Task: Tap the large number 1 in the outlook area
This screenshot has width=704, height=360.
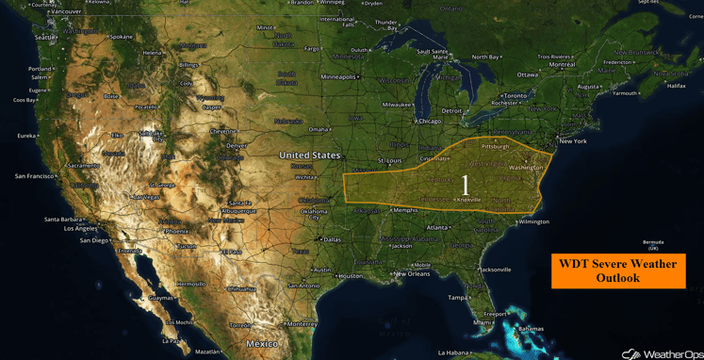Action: pos(465,185)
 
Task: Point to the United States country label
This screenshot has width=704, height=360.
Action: pos(310,155)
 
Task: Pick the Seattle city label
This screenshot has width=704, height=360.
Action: pos(45,38)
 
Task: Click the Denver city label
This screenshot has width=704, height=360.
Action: pos(237,146)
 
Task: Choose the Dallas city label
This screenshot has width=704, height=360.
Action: pos(333,239)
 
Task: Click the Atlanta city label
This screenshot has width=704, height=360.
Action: pos(436,227)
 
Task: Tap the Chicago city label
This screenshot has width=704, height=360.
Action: pos(430,121)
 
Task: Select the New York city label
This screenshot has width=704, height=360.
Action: pos(573,141)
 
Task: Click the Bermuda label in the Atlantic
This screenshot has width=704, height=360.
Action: pos(647,242)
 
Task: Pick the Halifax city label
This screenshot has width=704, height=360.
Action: pos(675,86)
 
